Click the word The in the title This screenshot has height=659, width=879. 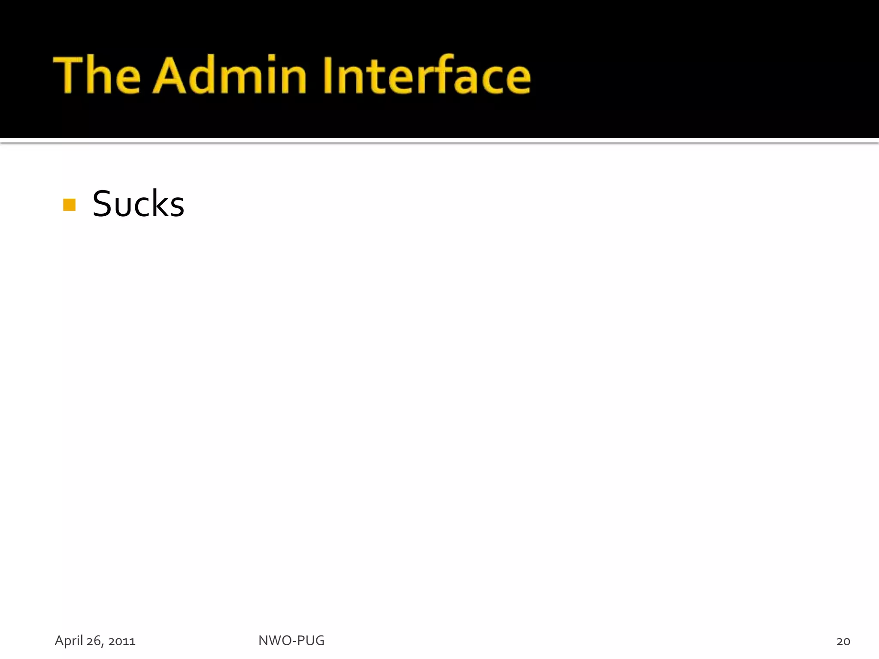(97, 75)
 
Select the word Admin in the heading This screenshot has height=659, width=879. (230, 75)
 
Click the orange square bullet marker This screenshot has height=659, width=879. (69, 205)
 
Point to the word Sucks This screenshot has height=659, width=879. (138, 204)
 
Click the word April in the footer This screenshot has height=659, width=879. (69, 641)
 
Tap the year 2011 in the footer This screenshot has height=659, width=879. (122, 641)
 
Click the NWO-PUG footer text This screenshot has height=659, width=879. (291, 641)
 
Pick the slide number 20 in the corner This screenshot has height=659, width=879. (843, 641)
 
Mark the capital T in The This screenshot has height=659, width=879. (69, 75)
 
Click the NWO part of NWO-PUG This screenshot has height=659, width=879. (274, 641)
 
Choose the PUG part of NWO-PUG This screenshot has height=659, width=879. (311, 641)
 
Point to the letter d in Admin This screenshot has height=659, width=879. (202, 75)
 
